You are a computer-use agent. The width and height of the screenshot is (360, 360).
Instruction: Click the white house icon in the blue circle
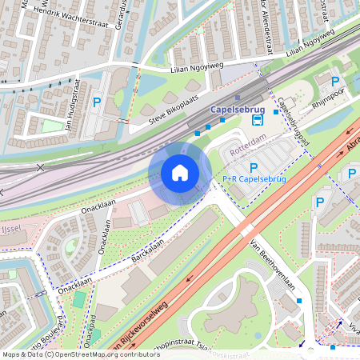pos(180,173)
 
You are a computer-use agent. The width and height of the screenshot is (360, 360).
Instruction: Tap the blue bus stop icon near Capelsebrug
pos(257,120)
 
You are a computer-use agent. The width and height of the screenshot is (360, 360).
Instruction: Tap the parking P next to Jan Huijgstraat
pos(97,102)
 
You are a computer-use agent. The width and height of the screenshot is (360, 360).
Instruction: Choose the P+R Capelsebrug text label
pos(254,178)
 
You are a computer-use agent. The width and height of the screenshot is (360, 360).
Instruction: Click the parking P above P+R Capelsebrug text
pos(254,166)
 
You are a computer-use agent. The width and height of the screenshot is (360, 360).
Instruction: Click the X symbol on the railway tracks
pos(40,167)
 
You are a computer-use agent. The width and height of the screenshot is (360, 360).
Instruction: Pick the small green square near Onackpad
pos(78,298)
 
